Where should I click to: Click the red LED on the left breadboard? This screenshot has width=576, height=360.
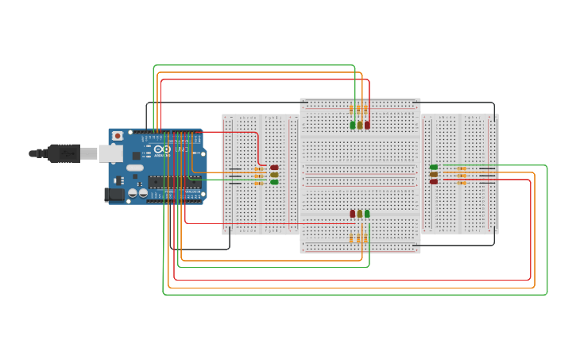275,168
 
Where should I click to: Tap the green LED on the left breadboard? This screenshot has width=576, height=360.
275,182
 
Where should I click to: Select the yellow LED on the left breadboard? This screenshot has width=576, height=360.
275,175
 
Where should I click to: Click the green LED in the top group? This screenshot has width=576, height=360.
353,125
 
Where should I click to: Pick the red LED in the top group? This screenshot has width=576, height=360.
367,125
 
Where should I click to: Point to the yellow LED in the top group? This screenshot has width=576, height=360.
360,125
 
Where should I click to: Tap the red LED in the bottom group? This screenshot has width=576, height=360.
353,213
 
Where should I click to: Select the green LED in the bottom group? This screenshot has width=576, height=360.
367,213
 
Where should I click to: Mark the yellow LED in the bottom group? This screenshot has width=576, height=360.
360,213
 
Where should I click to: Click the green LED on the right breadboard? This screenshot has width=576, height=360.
434,168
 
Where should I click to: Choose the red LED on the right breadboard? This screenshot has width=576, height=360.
434,182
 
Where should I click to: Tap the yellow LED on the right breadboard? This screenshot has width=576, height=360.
434,175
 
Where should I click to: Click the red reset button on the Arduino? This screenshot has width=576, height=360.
118,136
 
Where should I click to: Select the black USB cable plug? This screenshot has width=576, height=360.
64,153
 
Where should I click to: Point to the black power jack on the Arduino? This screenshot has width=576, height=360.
114,194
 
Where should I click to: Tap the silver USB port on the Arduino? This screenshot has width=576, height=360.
110,153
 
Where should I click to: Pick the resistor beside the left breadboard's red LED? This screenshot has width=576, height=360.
259,168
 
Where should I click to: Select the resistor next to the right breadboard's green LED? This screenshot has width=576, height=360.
462,168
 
